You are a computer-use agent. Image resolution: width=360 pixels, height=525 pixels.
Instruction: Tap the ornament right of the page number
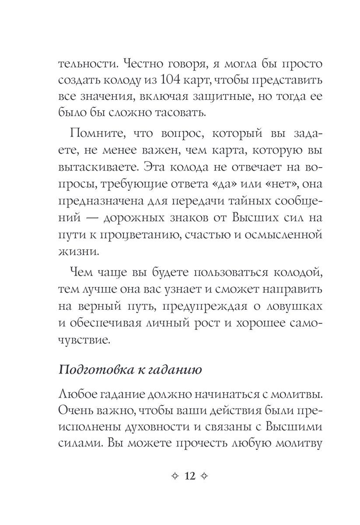(x=208, y=476)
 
